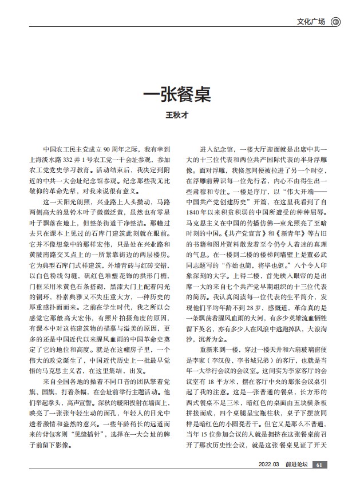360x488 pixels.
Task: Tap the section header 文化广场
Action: point(312,22)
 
